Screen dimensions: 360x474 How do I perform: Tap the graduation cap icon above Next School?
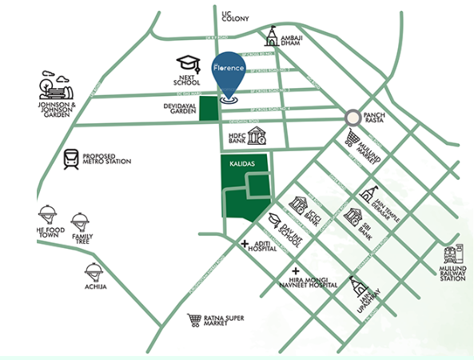[x=187, y=63]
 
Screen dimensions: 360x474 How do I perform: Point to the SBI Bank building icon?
[x=352, y=215]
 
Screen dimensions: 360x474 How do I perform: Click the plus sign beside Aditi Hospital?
[x=245, y=242]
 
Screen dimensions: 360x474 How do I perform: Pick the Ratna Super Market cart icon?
[x=193, y=320]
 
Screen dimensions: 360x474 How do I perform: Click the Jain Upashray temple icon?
[x=357, y=287]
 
